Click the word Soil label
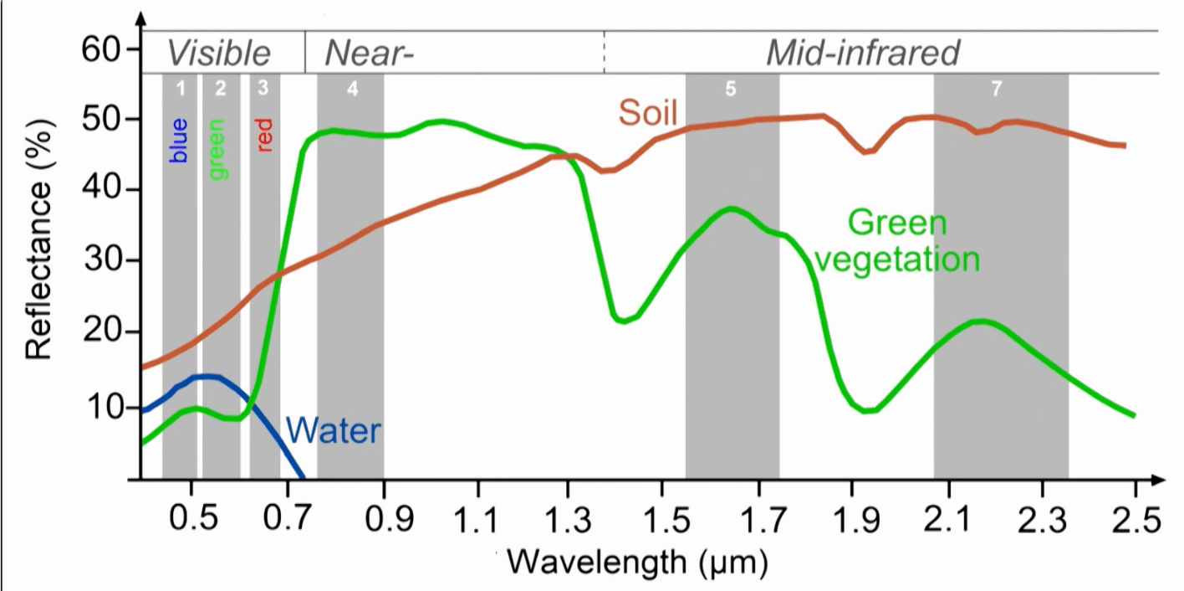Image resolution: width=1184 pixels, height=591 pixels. (x=647, y=112)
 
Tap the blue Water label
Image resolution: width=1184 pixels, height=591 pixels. (x=334, y=431)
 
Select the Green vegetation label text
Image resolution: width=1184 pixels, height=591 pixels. (x=897, y=241)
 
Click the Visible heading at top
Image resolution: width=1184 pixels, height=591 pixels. (x=219, y=54)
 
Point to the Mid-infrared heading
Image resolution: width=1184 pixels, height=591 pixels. (x=863, y=54)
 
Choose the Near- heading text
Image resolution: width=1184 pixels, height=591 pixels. (x=370, y=54)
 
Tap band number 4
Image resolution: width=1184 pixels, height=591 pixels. (x=352, y=90)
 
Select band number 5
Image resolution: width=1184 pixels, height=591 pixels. (x=731, y=90)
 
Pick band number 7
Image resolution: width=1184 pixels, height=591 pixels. (x=996, y=90)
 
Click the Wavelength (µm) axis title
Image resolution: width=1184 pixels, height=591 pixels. (x=636, y=562)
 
